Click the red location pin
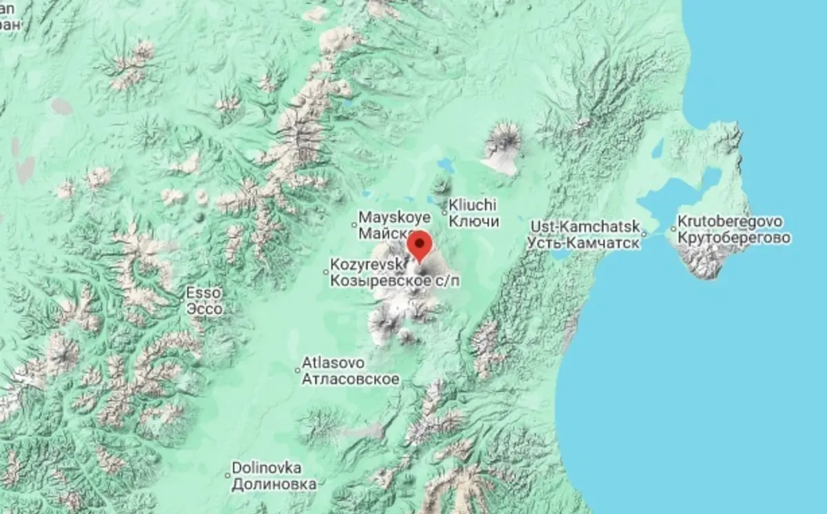(420, 245)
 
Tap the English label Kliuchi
(473, 205)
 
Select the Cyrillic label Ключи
(473, 221)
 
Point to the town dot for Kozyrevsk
(327, 272)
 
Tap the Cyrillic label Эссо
(205, 309)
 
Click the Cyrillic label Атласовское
(351, 378)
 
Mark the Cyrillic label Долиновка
(274, 484)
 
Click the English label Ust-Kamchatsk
(586, 226)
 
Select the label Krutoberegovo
(729, 222)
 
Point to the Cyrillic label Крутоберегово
(733, 238)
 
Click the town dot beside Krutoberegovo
(673, 229)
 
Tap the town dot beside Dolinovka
(227, 474)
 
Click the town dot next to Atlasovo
(298, 370)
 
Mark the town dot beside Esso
(183, 300)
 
